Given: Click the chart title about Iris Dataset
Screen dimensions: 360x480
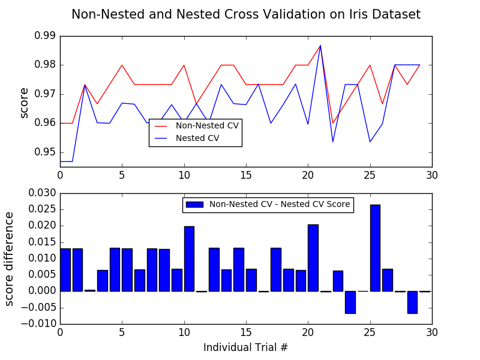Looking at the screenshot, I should tap(246, 14).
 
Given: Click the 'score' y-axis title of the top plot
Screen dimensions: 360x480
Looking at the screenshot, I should tap(24, 103).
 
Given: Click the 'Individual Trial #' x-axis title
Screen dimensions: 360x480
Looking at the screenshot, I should tap(246, 347).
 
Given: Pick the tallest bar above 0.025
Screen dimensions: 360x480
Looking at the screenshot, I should tap(375, 248).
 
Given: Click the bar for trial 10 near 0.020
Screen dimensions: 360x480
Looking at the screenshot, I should tap(189, 259).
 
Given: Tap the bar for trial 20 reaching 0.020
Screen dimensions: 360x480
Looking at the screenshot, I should tap(313, 258).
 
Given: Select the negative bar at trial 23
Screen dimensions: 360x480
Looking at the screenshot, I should tap(350, 302).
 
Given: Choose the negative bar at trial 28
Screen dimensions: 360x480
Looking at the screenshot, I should tap(412, 302).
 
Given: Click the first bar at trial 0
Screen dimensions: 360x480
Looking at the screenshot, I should tap(65, 270).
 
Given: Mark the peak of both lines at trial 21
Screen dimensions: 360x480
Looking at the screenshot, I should tap(320, 45).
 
